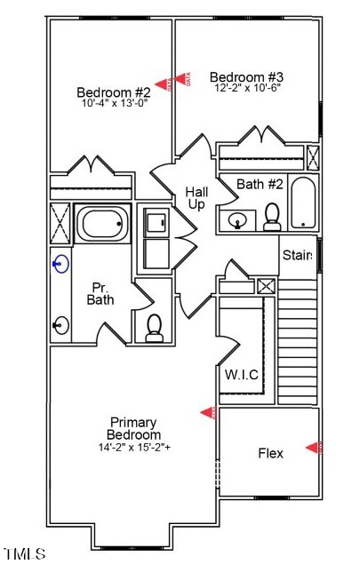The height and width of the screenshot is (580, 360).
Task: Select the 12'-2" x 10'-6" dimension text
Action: [x=246, y=88]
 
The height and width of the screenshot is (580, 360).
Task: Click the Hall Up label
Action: [x=196, y=198]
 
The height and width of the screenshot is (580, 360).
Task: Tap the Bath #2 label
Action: [x=260, y=184]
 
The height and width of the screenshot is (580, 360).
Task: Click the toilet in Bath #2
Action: [x=272, y=216]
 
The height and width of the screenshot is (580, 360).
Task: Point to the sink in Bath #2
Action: [x=238, y=218]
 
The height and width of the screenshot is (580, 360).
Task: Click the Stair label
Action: [x=297, y=255]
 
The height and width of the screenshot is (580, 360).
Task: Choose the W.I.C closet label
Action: [x=241, y=375]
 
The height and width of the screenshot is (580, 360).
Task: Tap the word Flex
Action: [x=270, y=453]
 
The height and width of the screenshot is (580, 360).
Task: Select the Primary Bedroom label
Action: [x=134, y=428]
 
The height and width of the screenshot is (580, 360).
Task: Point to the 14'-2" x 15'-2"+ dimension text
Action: [x=135, y=447]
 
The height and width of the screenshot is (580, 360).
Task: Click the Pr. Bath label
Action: [x=100, y=294]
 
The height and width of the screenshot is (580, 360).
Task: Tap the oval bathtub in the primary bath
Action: [x=102, y=223]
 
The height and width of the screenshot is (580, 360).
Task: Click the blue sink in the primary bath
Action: [x=60, y=263]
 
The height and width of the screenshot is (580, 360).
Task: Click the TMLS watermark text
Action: [x=24, y=554]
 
